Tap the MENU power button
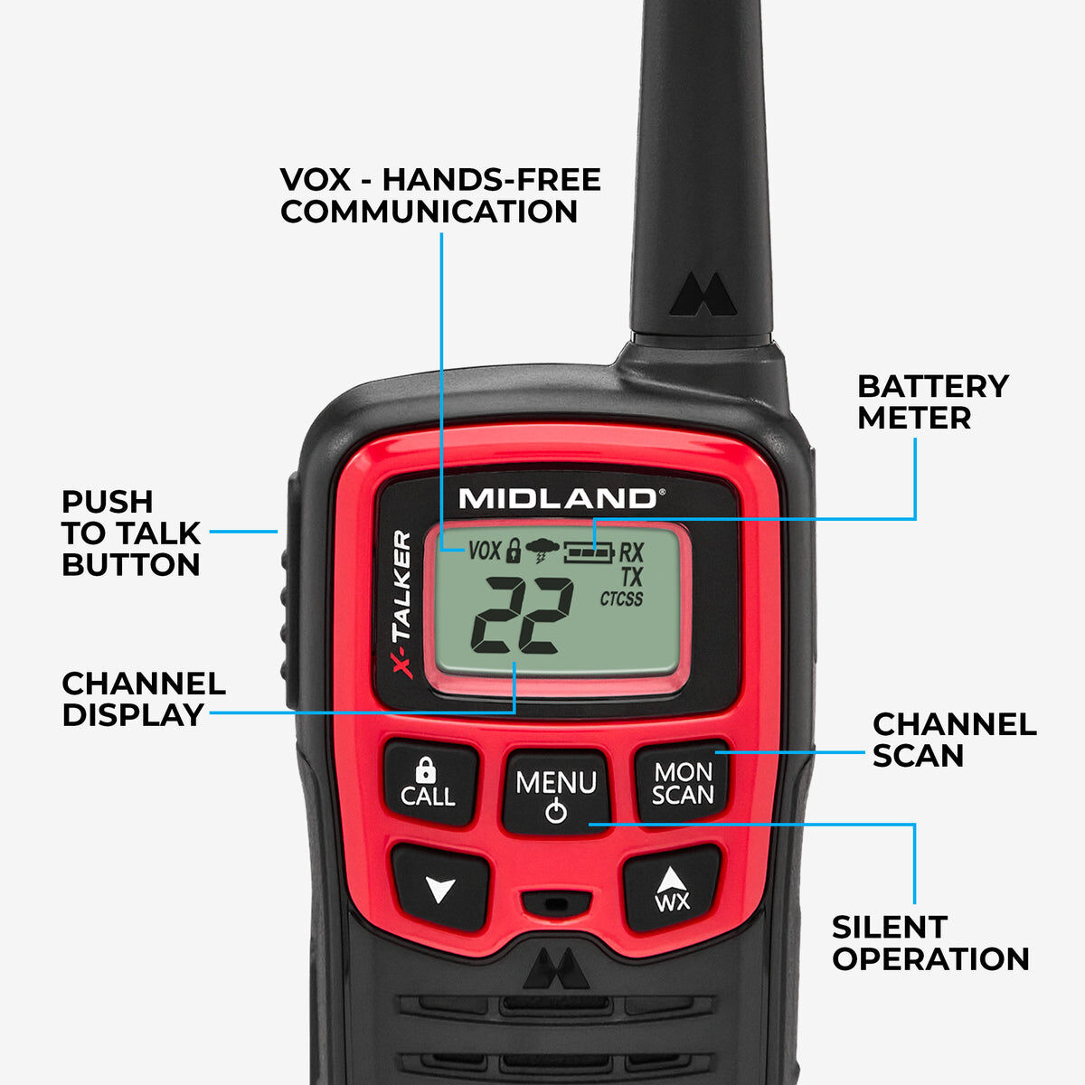[x=556, y=792]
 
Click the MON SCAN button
[x=683, y=783]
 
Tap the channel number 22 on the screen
[x=522, y=616]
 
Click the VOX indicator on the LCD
[x=484, y=550]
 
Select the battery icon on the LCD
[x=589, y=551]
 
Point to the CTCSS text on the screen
[x=621, y=599]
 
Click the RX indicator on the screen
[x=631, y=552]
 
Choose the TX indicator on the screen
[x=631, y=576]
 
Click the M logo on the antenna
[x=703, y=296]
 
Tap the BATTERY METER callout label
[x=932, y=401]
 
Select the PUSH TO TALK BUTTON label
[x=131, y=533]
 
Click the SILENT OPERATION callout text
[x=930, y=943]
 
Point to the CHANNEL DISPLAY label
[x=143, y=699]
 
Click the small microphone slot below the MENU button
[x=556, y=902]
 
